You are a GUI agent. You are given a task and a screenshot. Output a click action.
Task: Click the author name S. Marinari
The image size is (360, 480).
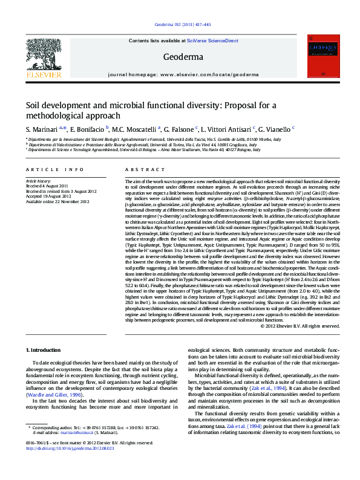(41, 129)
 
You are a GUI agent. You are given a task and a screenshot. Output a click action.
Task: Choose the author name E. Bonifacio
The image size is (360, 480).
(87, 129)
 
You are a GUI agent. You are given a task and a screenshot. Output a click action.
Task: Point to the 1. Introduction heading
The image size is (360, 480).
(44, 350)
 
